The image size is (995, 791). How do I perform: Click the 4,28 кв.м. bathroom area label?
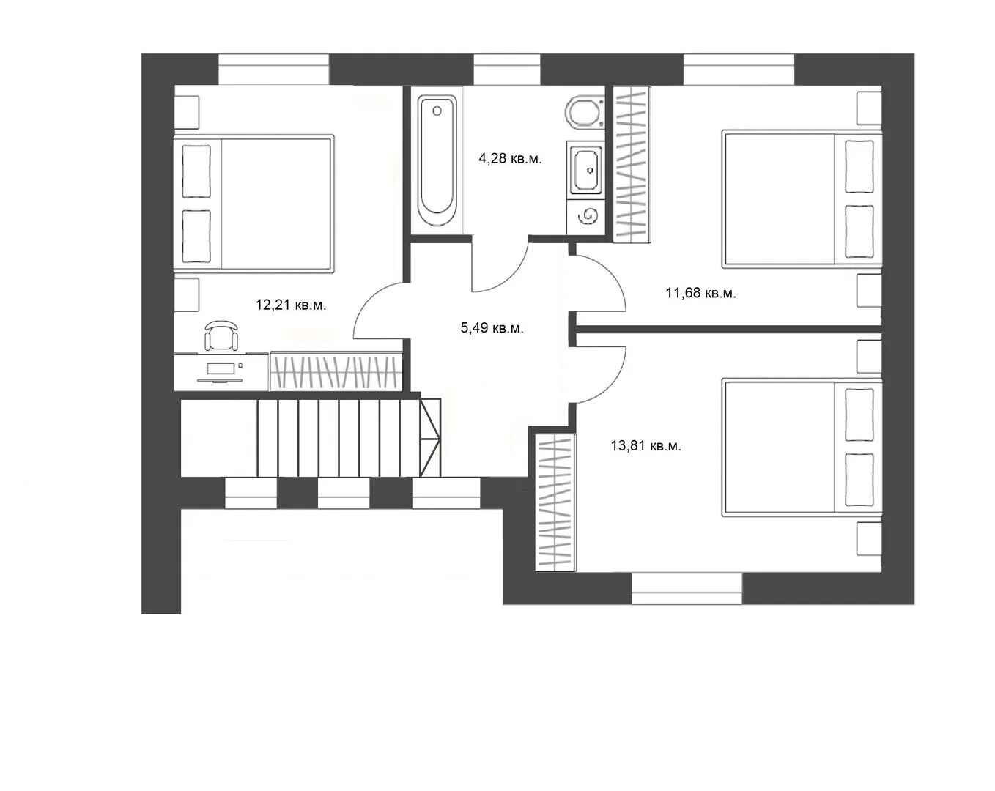click(x=510, y=159)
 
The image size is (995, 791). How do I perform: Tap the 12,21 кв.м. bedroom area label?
click(x=291, y=305)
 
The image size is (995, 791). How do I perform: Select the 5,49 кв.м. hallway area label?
click(x=492, y=328)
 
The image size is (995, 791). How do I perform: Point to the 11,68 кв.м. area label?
click(x=700, y=293)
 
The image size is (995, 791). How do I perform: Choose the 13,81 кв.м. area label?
click(x=646, y=446)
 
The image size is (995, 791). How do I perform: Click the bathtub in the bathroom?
click(x=437, y=160)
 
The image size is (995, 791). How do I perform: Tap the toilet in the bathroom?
click(x=584, y=111)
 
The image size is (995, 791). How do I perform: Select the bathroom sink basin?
click(x=586, y=170)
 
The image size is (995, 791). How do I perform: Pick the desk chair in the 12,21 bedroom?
click(x=221, y=335)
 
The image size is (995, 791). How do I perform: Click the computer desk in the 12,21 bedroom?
click(x=221, y=372)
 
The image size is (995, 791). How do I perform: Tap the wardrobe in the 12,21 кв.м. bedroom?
click(x=336, y=371)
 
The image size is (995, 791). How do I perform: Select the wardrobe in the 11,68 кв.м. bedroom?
click(x=632, y=165)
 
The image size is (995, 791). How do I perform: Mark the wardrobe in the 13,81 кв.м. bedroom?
click(x=555, y=502)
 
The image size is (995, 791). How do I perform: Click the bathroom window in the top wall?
click(x=507, y=70)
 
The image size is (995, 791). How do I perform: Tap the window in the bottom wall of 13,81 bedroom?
click(x=687, y=589)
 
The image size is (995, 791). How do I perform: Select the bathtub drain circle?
click(x=437, y=111)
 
